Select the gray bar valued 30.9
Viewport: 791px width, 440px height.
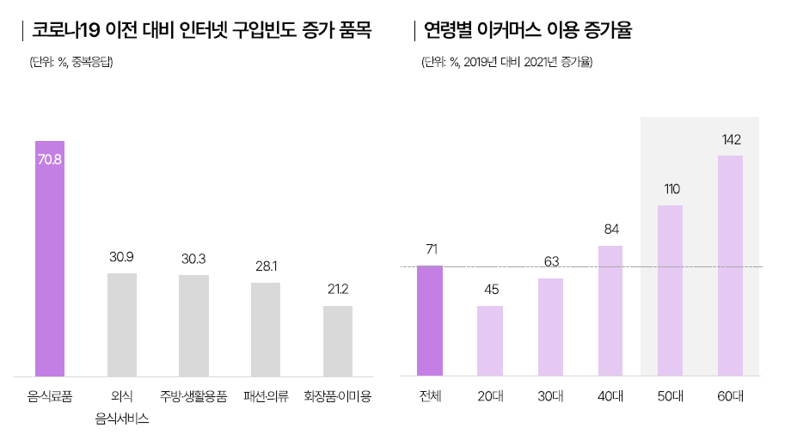coord(122,325)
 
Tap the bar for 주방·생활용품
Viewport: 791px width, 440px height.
coord(193,326)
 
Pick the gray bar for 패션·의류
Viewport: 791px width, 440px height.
coord(266,329)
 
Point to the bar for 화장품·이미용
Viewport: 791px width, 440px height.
coord(338,341)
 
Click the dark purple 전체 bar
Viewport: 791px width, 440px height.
coord(430,321)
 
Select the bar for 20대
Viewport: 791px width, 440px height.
coord(490,341)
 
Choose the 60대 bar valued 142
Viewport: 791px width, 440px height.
coord(730,266)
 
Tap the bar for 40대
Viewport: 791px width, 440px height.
coord(610,311)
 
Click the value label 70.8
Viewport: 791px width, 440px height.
coord(50,159)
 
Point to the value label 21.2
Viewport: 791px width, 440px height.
coord(338,289)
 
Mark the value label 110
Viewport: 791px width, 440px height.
coord(671,188)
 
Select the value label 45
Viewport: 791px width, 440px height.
coord(491,289)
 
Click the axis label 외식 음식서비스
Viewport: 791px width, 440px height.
coord(122,407)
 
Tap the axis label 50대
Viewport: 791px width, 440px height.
coord(670,397)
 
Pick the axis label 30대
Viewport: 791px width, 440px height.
coord(550,397)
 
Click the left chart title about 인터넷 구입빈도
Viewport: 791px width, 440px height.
coord(201,32)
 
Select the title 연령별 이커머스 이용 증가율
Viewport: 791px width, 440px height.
coord(528,32)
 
